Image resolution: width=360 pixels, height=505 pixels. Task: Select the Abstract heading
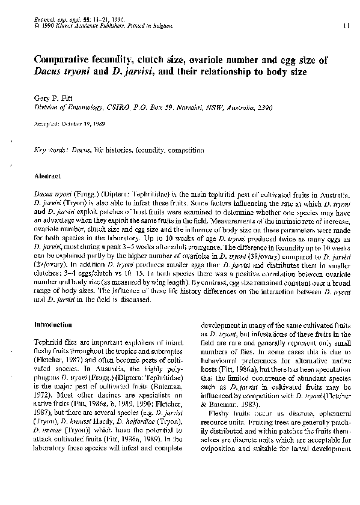pyautogui.click(x=46, y=177)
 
